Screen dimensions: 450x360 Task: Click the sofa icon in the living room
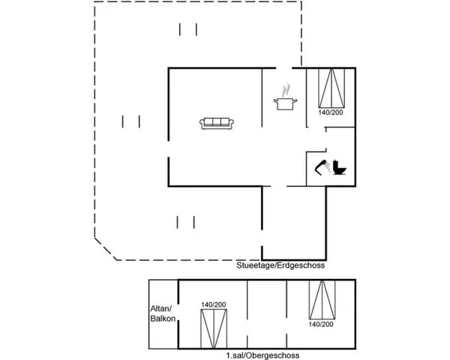tap(217, 124)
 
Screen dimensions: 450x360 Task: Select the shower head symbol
tap(322, 166)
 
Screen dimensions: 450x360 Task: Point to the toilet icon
tap(340, 168)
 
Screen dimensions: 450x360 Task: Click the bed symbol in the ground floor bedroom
tap(331, 88)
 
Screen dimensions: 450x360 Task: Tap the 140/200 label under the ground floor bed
tap(331, 112)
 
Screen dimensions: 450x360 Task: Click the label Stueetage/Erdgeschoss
tap(280, 265)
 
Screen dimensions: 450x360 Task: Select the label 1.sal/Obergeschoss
tap(262, 355)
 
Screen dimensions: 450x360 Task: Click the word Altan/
tap(161, 308)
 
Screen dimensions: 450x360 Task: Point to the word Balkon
tap(163, 318)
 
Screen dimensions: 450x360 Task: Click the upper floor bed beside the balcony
tap(214, 328)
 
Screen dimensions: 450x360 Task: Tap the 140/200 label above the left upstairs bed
tap(214, 304)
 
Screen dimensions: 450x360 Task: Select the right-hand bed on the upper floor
tap(322, 300)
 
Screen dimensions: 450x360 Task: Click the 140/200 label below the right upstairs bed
tap(321, 324)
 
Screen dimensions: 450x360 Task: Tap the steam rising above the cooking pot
tap(286, 90)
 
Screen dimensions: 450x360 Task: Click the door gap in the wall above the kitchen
tap(284, 68)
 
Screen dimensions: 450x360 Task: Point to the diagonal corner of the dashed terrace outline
tap(106, 249)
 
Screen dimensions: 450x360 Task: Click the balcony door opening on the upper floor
tap(178, 312)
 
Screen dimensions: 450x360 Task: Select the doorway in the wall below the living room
tap(279, 186)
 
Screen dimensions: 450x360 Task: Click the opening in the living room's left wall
tap(169, 149)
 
